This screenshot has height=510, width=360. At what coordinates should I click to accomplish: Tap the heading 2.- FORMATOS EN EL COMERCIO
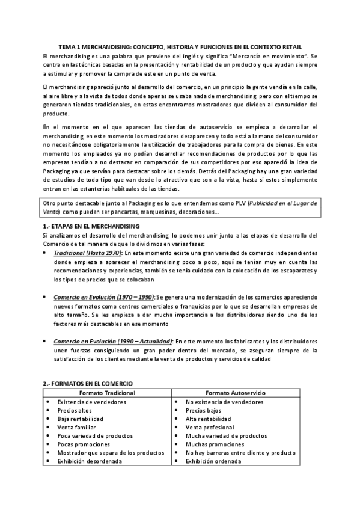coord(88,383)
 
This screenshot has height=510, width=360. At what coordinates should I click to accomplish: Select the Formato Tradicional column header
coord(107,393)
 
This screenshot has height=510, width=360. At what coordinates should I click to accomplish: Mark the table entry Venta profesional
coord(210,427)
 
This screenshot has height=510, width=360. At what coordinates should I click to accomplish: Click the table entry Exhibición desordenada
coord(90,461)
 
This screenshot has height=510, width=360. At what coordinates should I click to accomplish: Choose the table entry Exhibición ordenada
coord(213,461)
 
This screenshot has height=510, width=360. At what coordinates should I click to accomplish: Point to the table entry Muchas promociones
coord(215,444)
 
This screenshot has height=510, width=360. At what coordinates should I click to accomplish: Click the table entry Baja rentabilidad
coord(81,419)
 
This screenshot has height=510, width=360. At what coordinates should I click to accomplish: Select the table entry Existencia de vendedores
coord(88,402)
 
